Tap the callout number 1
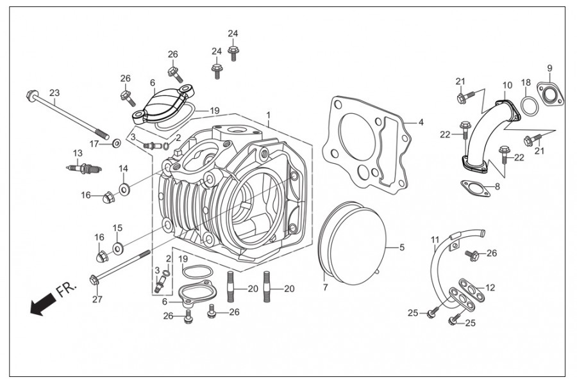[269, 115]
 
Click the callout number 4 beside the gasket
[421, 122]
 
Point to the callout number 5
[402, 247]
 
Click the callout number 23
[54, 93]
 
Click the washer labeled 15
[119, 248]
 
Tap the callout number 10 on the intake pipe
[508, 85]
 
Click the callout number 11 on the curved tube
[435, 241]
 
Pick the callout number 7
[325, 287]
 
